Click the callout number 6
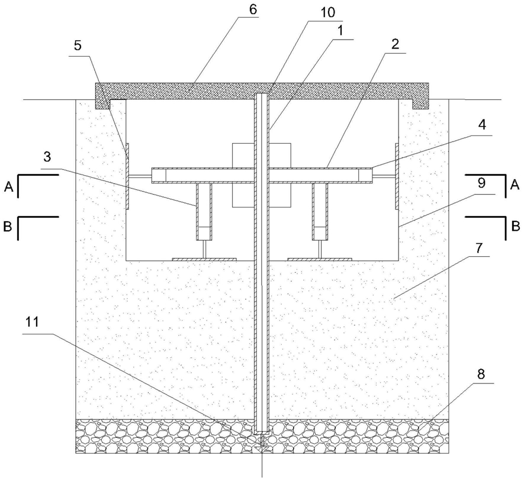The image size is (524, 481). [x=253, y=9]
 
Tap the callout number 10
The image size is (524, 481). [x=328, y=12]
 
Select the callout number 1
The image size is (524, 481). [x=340, y=31]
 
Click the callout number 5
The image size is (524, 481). [x=78, y=46]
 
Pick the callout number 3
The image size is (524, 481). [x=48, y=156]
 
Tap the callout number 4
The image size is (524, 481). [x=481, y=125]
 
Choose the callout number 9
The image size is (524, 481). [x=481, y=183]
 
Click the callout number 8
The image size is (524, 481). [x=481, y=375]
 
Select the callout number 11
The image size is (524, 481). [x=32, y=322]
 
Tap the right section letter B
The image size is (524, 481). [x=516, y=227]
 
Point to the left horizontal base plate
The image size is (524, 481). [x=204, y=259]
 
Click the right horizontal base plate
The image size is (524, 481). [x=320, y=259]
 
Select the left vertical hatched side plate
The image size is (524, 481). [x=127, y=176]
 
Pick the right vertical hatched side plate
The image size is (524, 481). [x=397, y=176]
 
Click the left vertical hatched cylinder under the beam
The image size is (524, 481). [x=204, y=211]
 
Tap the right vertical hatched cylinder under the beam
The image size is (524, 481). [x=320, y=211]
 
